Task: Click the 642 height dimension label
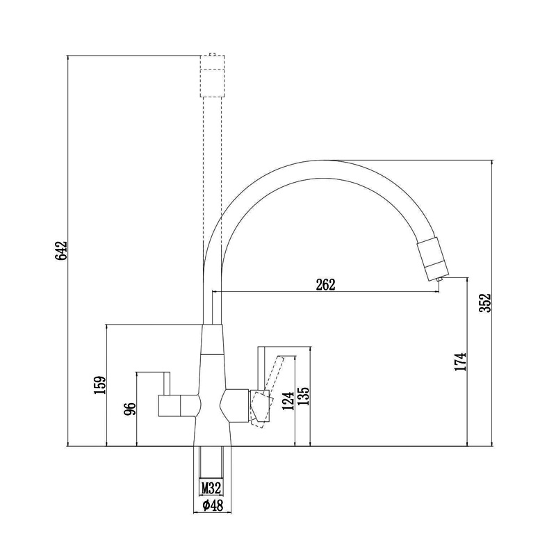click(61, 251)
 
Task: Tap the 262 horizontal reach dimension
click(325, 284)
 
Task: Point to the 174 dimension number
click(460, 361)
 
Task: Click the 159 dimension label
click(100, 385)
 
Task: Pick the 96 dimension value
click(130, 409)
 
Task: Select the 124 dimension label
click(288, 401)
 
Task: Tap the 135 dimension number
click(304, 396)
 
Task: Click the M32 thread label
click(211, 488)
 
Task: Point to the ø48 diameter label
click(213, 505)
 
